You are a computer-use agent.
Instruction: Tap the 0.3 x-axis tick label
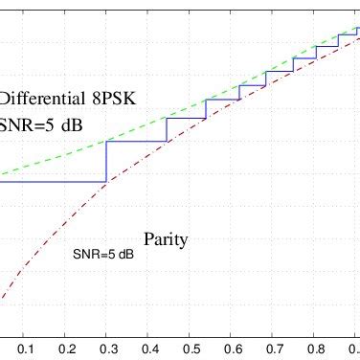pos(105,349)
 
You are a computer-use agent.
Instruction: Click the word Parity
pos(166,239)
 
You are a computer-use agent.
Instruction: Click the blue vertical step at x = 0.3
pos(105,161)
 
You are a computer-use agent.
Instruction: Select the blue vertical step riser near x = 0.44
pos(167,130)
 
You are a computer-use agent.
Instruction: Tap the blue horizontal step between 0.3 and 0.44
pos(136,142)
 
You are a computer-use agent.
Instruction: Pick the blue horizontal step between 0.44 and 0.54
pos(186,118)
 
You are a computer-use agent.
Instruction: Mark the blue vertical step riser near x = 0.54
pos(206,108)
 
